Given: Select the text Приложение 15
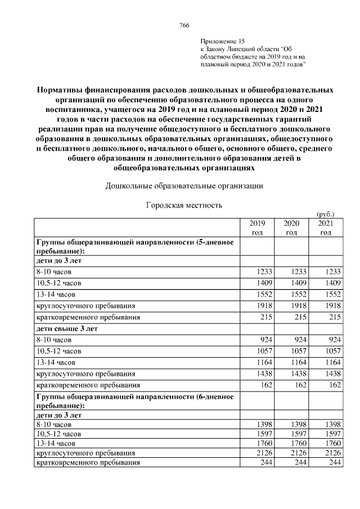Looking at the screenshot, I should [x=223, y=42].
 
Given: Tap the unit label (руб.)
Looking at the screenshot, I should [x=326, y=214].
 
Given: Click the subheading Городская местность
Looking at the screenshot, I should [x=184, y=205].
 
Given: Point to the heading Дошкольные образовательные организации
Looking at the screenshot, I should [x=184, y=186].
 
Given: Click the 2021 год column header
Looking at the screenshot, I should [x=326, y=227].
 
